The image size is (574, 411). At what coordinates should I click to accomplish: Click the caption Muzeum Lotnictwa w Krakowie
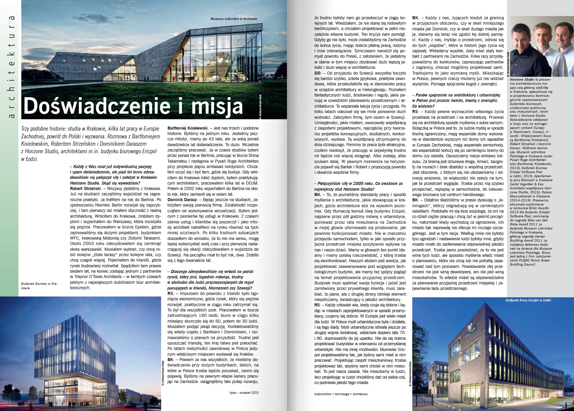click(x=234, y=19)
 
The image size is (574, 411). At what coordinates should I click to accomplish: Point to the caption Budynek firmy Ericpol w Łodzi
click(x=528, y=300)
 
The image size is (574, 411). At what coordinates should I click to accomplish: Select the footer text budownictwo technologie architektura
click(x=341, y=394)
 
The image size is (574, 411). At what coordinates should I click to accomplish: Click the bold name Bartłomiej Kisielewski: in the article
click(x=189, y=128)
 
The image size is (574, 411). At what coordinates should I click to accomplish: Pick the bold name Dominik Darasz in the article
click(x=181, y=199)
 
